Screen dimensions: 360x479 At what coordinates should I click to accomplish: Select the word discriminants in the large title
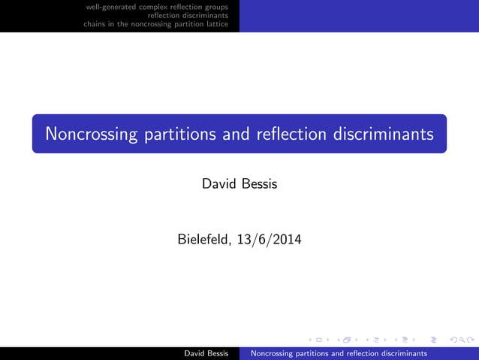pos(381,135)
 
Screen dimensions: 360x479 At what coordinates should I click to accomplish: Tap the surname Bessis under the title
pos(259,183)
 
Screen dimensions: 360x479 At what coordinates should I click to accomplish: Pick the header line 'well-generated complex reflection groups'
pos(157,7)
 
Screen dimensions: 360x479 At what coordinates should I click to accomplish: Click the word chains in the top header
pos(95,23)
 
